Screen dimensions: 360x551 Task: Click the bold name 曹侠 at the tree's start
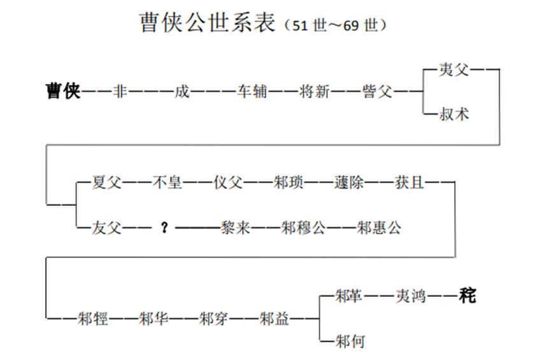(62, 91)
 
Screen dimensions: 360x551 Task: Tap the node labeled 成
(182, 92)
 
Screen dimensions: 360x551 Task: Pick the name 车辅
(252, 92)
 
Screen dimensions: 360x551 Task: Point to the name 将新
(315, 92)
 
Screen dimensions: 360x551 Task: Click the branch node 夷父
(454, 69)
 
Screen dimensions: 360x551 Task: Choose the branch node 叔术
(454, 115)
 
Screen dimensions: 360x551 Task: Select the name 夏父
(106, 183)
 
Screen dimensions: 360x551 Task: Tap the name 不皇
(168, 183)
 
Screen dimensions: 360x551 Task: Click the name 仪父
(229, 183)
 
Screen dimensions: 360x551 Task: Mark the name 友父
(106, 227)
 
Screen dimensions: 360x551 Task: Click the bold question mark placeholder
(164, 228)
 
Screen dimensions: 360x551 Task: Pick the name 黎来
(236, 227)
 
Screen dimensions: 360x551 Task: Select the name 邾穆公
(303, 227)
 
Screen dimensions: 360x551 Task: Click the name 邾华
(154, 319)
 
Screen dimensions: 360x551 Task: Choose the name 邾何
(351, 341)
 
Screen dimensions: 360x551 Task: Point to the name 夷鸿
(411, 296)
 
